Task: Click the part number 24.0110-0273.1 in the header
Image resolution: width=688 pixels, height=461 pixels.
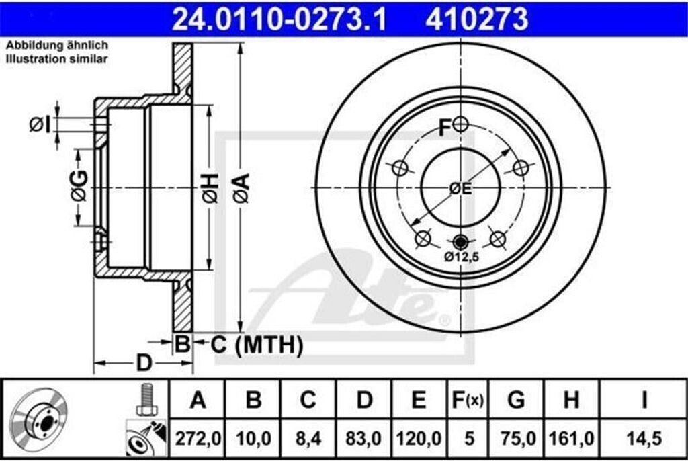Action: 279,19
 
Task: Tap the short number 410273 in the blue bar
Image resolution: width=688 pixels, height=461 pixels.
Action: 476,19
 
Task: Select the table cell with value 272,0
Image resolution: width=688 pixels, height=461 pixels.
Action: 198,438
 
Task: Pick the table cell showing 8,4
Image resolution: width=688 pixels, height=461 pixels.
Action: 308,438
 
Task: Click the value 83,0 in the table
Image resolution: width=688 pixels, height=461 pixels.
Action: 363,438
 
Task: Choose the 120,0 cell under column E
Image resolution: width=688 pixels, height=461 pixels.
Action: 419,438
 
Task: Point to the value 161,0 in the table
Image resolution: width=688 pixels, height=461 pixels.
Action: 571,438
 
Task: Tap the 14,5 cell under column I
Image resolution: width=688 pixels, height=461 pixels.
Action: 644,438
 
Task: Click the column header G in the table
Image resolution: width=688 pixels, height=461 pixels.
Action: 516,400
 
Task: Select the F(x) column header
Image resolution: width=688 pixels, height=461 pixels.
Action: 468,400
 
